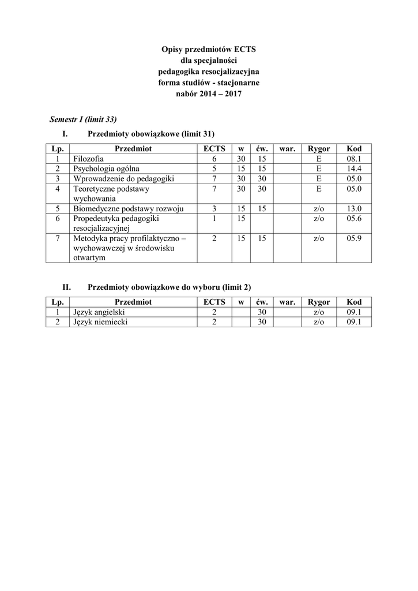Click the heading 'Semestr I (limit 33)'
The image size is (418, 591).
tap(84, 119)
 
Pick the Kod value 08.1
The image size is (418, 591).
tap(353, 159)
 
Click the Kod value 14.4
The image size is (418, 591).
tap(353, 169)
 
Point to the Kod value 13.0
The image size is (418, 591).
tap(353, 208)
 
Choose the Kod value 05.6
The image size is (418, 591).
tap(353, 219)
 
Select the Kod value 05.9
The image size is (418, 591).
tap(353, 238)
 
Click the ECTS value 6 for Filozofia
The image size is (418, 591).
tap(214, 159)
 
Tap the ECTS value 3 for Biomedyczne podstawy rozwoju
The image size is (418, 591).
tap(214, 208)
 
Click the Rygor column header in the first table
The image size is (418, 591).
tap(319, 148)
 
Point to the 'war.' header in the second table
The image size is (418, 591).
tap(287, 302)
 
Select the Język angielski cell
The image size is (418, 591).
tap(95, 312)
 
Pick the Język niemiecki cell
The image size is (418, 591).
tap(97, 322)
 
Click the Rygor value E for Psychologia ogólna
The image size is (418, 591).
tap(319, 169)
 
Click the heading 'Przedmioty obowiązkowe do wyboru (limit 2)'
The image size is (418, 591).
tap(169, 287)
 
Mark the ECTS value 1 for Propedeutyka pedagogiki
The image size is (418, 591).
tap(214, 219)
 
